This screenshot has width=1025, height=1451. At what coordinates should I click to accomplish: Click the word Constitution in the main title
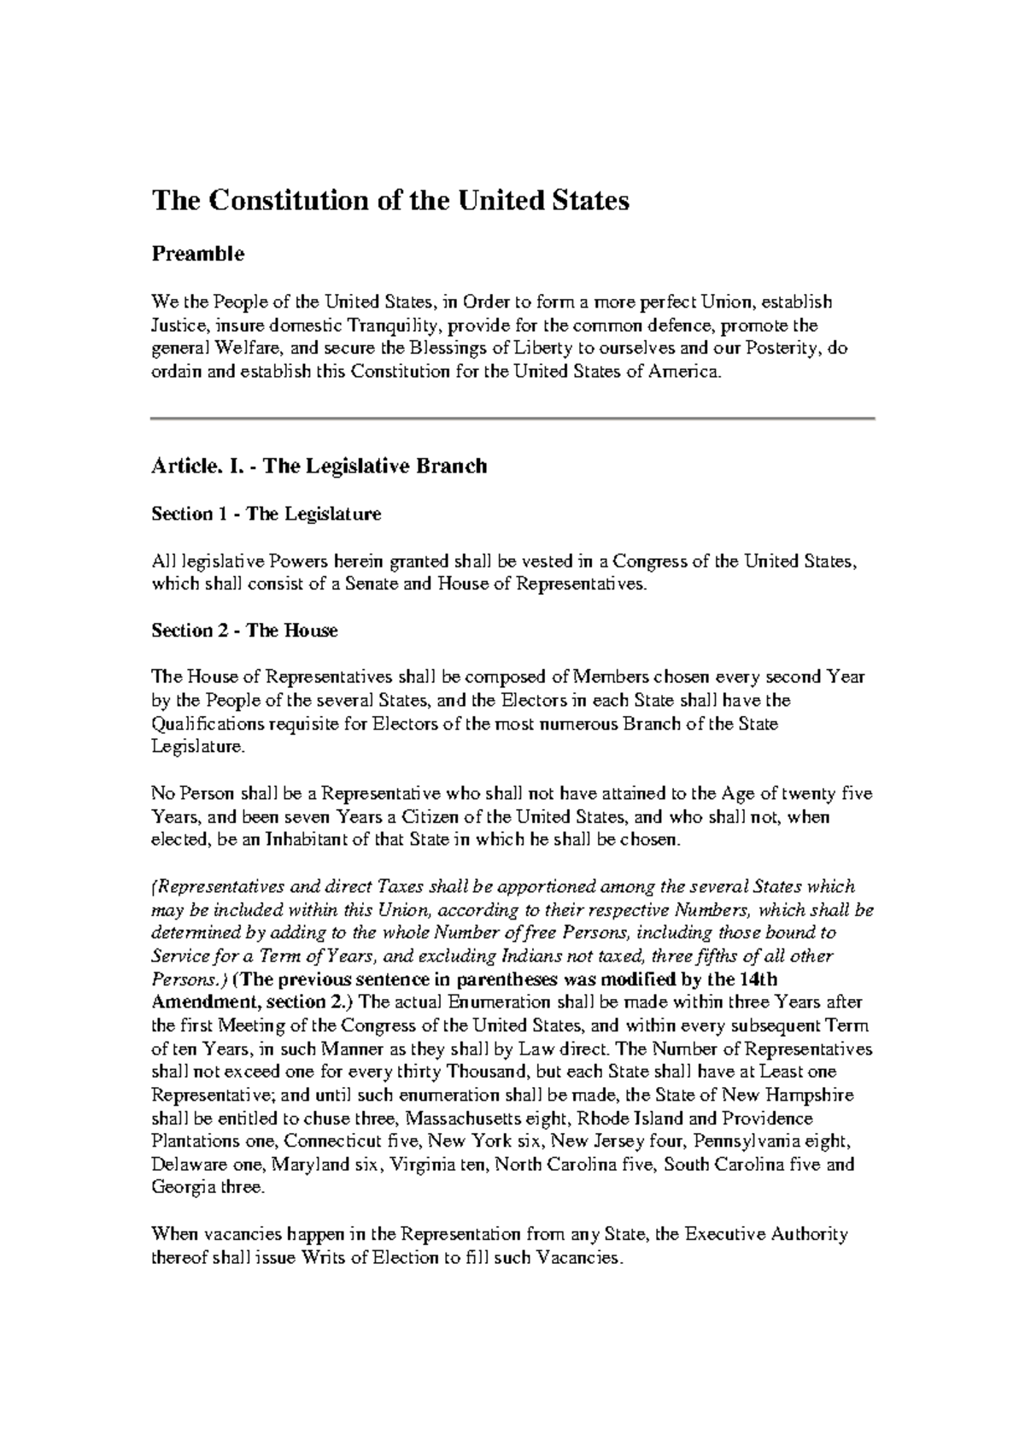[288, 201]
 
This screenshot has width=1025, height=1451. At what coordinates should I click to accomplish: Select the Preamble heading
[197, 254]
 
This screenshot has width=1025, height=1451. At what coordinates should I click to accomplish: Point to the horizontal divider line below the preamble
[512, 418]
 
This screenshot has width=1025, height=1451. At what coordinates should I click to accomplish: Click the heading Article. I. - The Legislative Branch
[319, 467]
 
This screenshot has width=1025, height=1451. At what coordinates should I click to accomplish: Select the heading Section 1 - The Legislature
[266, 514]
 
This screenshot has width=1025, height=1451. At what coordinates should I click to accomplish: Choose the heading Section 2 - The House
[244, 631]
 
